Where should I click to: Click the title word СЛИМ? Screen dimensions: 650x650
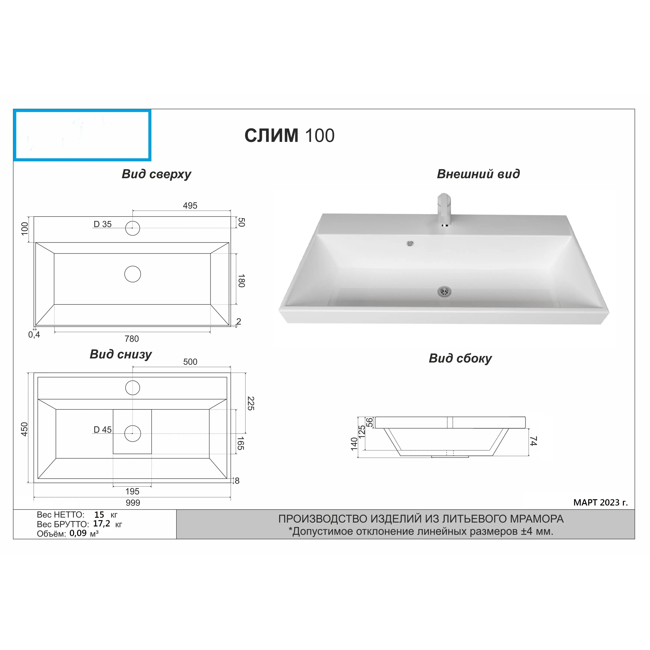(271, 136)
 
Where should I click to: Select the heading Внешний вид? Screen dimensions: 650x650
(478, 174)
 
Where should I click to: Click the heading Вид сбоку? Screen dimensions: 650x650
(460, 358)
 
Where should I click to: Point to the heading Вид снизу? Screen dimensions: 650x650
(121, 354)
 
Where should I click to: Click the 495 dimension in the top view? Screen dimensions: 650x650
(190, 206)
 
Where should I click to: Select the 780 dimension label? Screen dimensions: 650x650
(132, 339)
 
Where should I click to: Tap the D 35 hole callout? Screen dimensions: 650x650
(103, 224)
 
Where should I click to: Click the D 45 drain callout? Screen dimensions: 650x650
(103, 430)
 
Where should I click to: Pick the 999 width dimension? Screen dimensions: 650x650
(133, 503)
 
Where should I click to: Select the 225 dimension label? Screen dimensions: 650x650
(251, 403)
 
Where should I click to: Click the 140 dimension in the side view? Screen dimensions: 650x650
(354, 444)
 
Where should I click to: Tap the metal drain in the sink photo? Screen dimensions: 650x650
(444, 291)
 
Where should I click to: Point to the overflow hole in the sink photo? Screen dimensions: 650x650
(410, 243)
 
